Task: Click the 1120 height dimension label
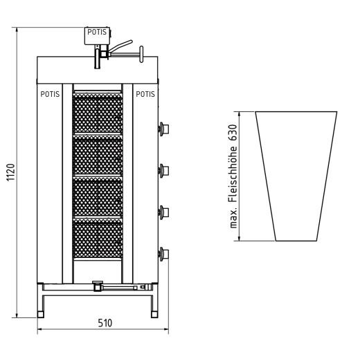[x=10, y=172]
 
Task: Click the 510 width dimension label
[x=105, y=323]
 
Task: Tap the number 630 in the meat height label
[x=233, y=133]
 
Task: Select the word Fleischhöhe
[x=233, y=174]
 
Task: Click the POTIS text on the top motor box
[x=97, y=32]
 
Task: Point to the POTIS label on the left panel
[x=50, y=94]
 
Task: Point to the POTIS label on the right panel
[x=145, y=94]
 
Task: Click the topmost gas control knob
[x=163, y=129]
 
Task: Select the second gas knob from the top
[x=163, y=171]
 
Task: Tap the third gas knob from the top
[x=163, y=212]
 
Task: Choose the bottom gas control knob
[x=163, y=254]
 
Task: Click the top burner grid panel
[x=98, y=113]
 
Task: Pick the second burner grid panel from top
[x=98, y=155]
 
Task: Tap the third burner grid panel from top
[x=98, y=196]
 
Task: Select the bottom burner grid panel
[x=98, y=238]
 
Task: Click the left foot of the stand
[x=41, y=315]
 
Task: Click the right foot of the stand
[x=154, y=315]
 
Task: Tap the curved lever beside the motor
[x=120, y=46]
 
